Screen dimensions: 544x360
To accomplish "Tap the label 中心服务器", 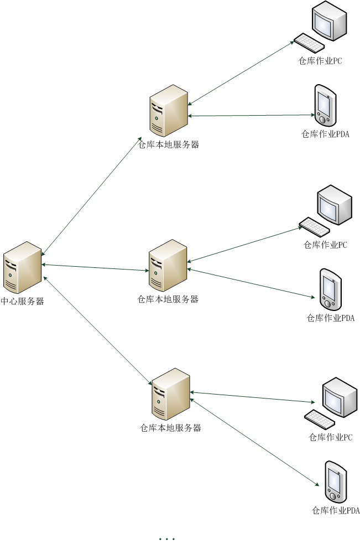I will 23,302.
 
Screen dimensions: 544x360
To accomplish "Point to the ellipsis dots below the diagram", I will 166,538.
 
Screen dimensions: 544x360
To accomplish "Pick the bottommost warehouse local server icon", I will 171,394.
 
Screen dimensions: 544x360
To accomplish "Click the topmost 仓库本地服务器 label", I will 168,145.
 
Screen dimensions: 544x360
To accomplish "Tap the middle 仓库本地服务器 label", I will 168,299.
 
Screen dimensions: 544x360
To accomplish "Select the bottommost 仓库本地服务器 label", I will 170,428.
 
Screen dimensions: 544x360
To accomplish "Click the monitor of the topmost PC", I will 329,21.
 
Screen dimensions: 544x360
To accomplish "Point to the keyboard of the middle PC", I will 314,226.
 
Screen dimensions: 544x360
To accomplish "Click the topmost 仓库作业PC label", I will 320,61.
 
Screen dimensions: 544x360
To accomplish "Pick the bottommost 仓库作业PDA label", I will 336,510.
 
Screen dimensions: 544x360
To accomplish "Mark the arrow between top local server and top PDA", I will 252,116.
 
